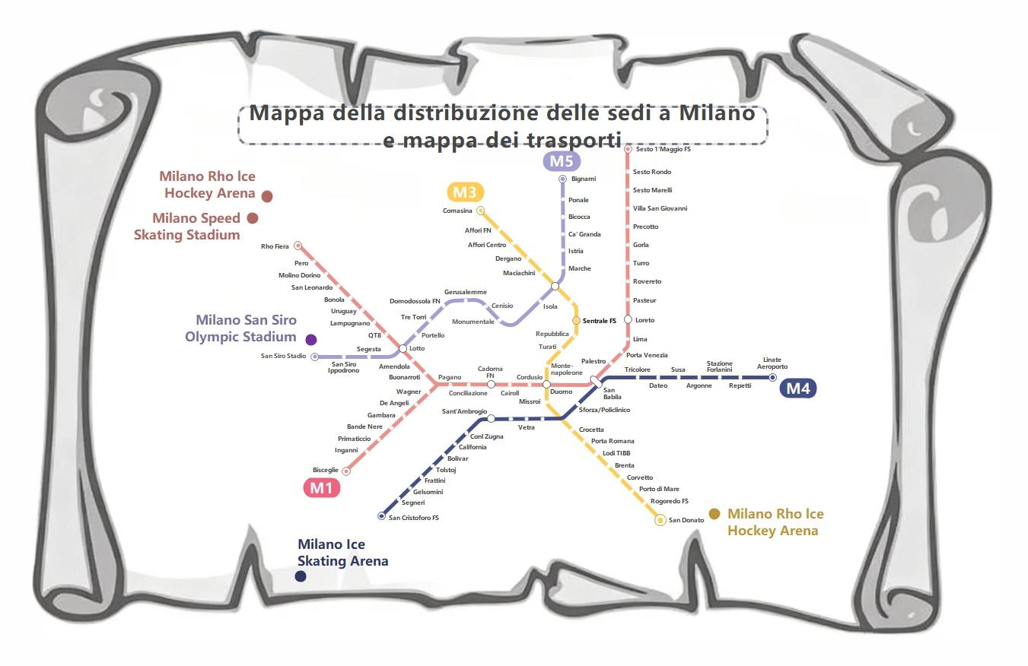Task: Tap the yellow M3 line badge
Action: tap(464, 192)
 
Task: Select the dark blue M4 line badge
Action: tap(800, 388)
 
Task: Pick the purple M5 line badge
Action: tap(562, 161)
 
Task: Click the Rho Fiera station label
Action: tap(275, 246)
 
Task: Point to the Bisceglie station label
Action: tap(325, 470)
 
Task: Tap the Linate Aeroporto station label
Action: tap(772, 363)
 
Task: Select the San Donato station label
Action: tap(686, 520)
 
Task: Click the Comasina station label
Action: tap(457, 211)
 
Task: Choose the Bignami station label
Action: tap(584, 179)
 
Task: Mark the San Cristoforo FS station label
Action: tap(414, 518)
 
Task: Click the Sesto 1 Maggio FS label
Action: tap(663, 150)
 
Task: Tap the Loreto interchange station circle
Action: tap(628, 320)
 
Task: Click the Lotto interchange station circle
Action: tap(403, 348)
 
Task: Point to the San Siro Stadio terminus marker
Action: tap(315, 356)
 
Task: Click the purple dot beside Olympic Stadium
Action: tap(310, 339)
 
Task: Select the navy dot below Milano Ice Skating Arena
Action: tap(301, 576)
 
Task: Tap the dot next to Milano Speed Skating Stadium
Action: tap(253, 218)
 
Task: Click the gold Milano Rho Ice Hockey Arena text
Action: tap(775, 522)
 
